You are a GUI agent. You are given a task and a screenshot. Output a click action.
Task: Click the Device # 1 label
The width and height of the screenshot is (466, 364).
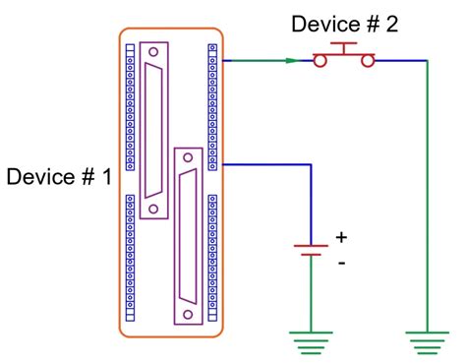[59, 177]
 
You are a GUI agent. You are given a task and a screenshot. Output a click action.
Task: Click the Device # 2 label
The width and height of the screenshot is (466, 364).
[344, 25]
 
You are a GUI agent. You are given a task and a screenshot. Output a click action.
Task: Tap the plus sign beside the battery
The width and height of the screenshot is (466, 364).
[342, 237]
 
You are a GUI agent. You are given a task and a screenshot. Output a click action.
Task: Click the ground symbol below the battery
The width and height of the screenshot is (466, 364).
[311, 341]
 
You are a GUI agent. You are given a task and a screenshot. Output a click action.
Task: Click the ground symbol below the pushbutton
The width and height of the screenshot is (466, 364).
[427, 341]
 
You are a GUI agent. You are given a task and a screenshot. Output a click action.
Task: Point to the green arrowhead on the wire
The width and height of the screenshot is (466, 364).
[292, 61]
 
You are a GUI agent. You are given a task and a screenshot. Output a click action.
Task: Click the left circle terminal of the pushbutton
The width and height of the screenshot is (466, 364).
[320, 61]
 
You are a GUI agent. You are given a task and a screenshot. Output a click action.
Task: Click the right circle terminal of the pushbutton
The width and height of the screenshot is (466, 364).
[367, 61]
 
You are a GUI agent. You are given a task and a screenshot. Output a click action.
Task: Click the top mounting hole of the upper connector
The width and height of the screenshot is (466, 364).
[154, 50]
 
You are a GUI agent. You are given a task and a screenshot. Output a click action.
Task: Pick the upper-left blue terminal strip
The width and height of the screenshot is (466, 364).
[130, 108]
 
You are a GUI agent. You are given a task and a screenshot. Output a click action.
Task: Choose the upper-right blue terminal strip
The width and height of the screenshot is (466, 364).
[212, 108]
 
